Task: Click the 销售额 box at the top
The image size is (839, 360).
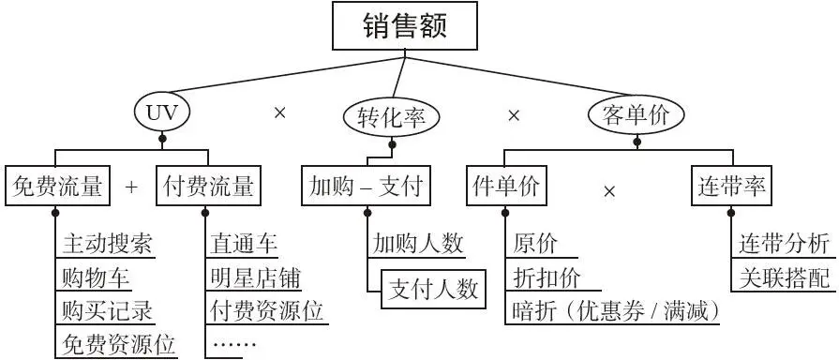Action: [406, 26]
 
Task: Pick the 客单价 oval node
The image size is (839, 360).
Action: [636, 114]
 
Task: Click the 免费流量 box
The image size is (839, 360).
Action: [59, 187]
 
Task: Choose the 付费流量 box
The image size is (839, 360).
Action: [207, 187]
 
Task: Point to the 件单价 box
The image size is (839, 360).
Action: [506, 187]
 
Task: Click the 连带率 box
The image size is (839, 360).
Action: [731, 187]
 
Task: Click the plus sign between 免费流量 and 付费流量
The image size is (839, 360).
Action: [131, 187]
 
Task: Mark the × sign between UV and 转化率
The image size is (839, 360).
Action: [278, 113]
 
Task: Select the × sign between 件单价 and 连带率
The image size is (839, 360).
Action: [609, 191]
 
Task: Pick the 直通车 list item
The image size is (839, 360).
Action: [245, 244]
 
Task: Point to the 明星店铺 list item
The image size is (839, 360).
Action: [256, 277]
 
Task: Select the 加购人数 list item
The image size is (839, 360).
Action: [417, 244]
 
